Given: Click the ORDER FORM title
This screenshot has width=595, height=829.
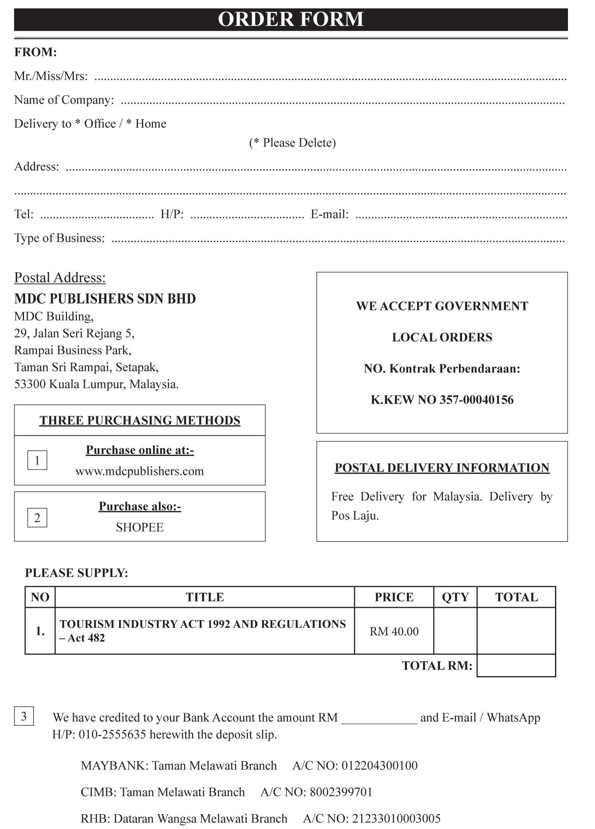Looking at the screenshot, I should (x=291, y=19).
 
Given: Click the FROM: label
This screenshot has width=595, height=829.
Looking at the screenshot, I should (x=35, y=52).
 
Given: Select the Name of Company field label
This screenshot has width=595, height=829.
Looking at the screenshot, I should (x=64, y=100).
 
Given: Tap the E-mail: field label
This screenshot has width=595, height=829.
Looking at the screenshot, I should (x=329, y=214).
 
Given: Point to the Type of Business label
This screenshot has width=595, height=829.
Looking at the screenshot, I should (x=59, y=238).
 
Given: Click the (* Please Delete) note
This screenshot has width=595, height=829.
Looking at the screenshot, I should (x=293, y=143).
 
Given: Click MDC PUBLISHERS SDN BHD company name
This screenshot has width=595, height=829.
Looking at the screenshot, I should (x=105, y=298).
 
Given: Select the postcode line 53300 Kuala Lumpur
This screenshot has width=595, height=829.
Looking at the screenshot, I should (x=96, y=384).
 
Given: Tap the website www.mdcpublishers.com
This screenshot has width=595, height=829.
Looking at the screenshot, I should (x=139, y=471).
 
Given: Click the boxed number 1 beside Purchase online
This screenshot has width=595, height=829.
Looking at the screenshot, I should (x=37, y=460).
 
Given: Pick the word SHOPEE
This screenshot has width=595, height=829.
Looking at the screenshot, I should (x=139, y=527).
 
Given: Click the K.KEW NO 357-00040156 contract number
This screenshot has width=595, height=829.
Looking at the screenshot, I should (x=442, y=399).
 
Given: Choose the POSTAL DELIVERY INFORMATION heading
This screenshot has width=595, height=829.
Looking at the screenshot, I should (x=442, y=468).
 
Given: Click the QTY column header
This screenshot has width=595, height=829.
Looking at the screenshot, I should (x=455, y=597).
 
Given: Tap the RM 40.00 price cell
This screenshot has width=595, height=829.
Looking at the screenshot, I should (x=394, y=632).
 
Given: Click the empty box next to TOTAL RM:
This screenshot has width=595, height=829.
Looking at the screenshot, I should (x=516, y=666).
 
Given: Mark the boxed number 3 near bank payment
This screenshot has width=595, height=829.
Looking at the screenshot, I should (x=24, y=716).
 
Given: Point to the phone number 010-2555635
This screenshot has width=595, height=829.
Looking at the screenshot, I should (x=112, y=734).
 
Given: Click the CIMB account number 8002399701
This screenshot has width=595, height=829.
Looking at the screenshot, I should (x=341, y=792).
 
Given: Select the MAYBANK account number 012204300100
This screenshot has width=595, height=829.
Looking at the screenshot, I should (x=379, y=765).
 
